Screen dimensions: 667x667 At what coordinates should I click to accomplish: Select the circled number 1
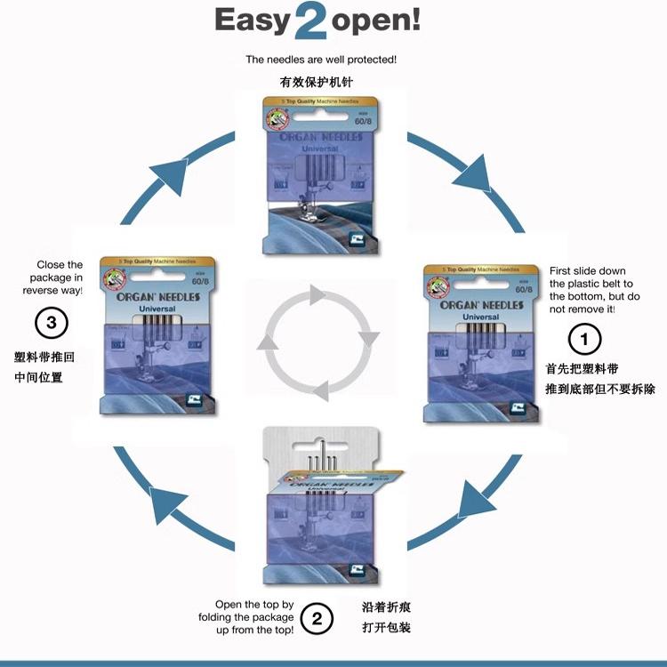(x=584, y=338)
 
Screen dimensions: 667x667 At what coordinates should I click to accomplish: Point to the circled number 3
(x=51, y=323)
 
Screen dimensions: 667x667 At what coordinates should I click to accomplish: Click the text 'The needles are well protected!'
(x=321, y=60)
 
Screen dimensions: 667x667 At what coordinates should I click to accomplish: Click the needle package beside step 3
(x=160, y=333)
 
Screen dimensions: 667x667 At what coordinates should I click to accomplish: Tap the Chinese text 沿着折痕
(x=386, y=608)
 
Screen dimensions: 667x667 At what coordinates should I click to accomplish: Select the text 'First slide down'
(x=588, y=270)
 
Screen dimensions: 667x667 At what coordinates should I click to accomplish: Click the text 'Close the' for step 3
(x=60, y=264)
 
